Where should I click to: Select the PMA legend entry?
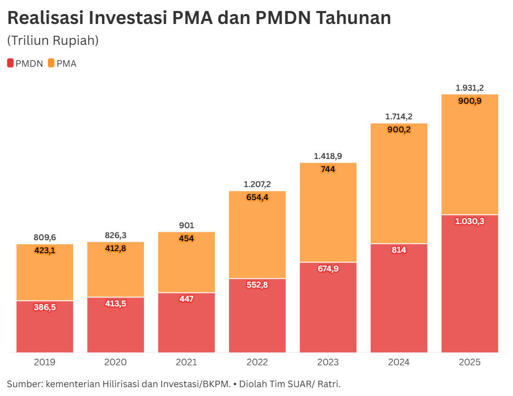click(x=62, y=64)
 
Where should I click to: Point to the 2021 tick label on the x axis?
click(x=186, y=362)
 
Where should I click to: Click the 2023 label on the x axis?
click(x=328, y=362)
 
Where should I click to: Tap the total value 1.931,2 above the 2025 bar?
click(x=470, y=88)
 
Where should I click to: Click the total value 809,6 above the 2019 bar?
click(x=45, y=238)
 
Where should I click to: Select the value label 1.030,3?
click(x=470, y=221)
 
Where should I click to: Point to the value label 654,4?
click(x=257, y=197)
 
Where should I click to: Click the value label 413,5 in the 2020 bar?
click(x=116, y=304)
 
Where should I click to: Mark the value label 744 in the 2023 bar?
click(x=328, y=169)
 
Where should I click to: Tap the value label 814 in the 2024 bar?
click(x=399, y=250)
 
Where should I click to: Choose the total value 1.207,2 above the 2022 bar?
click(x=257, y=184)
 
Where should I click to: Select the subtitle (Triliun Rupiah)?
click(x=53, y=41)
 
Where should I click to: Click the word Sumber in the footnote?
click(x=24, y=385)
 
